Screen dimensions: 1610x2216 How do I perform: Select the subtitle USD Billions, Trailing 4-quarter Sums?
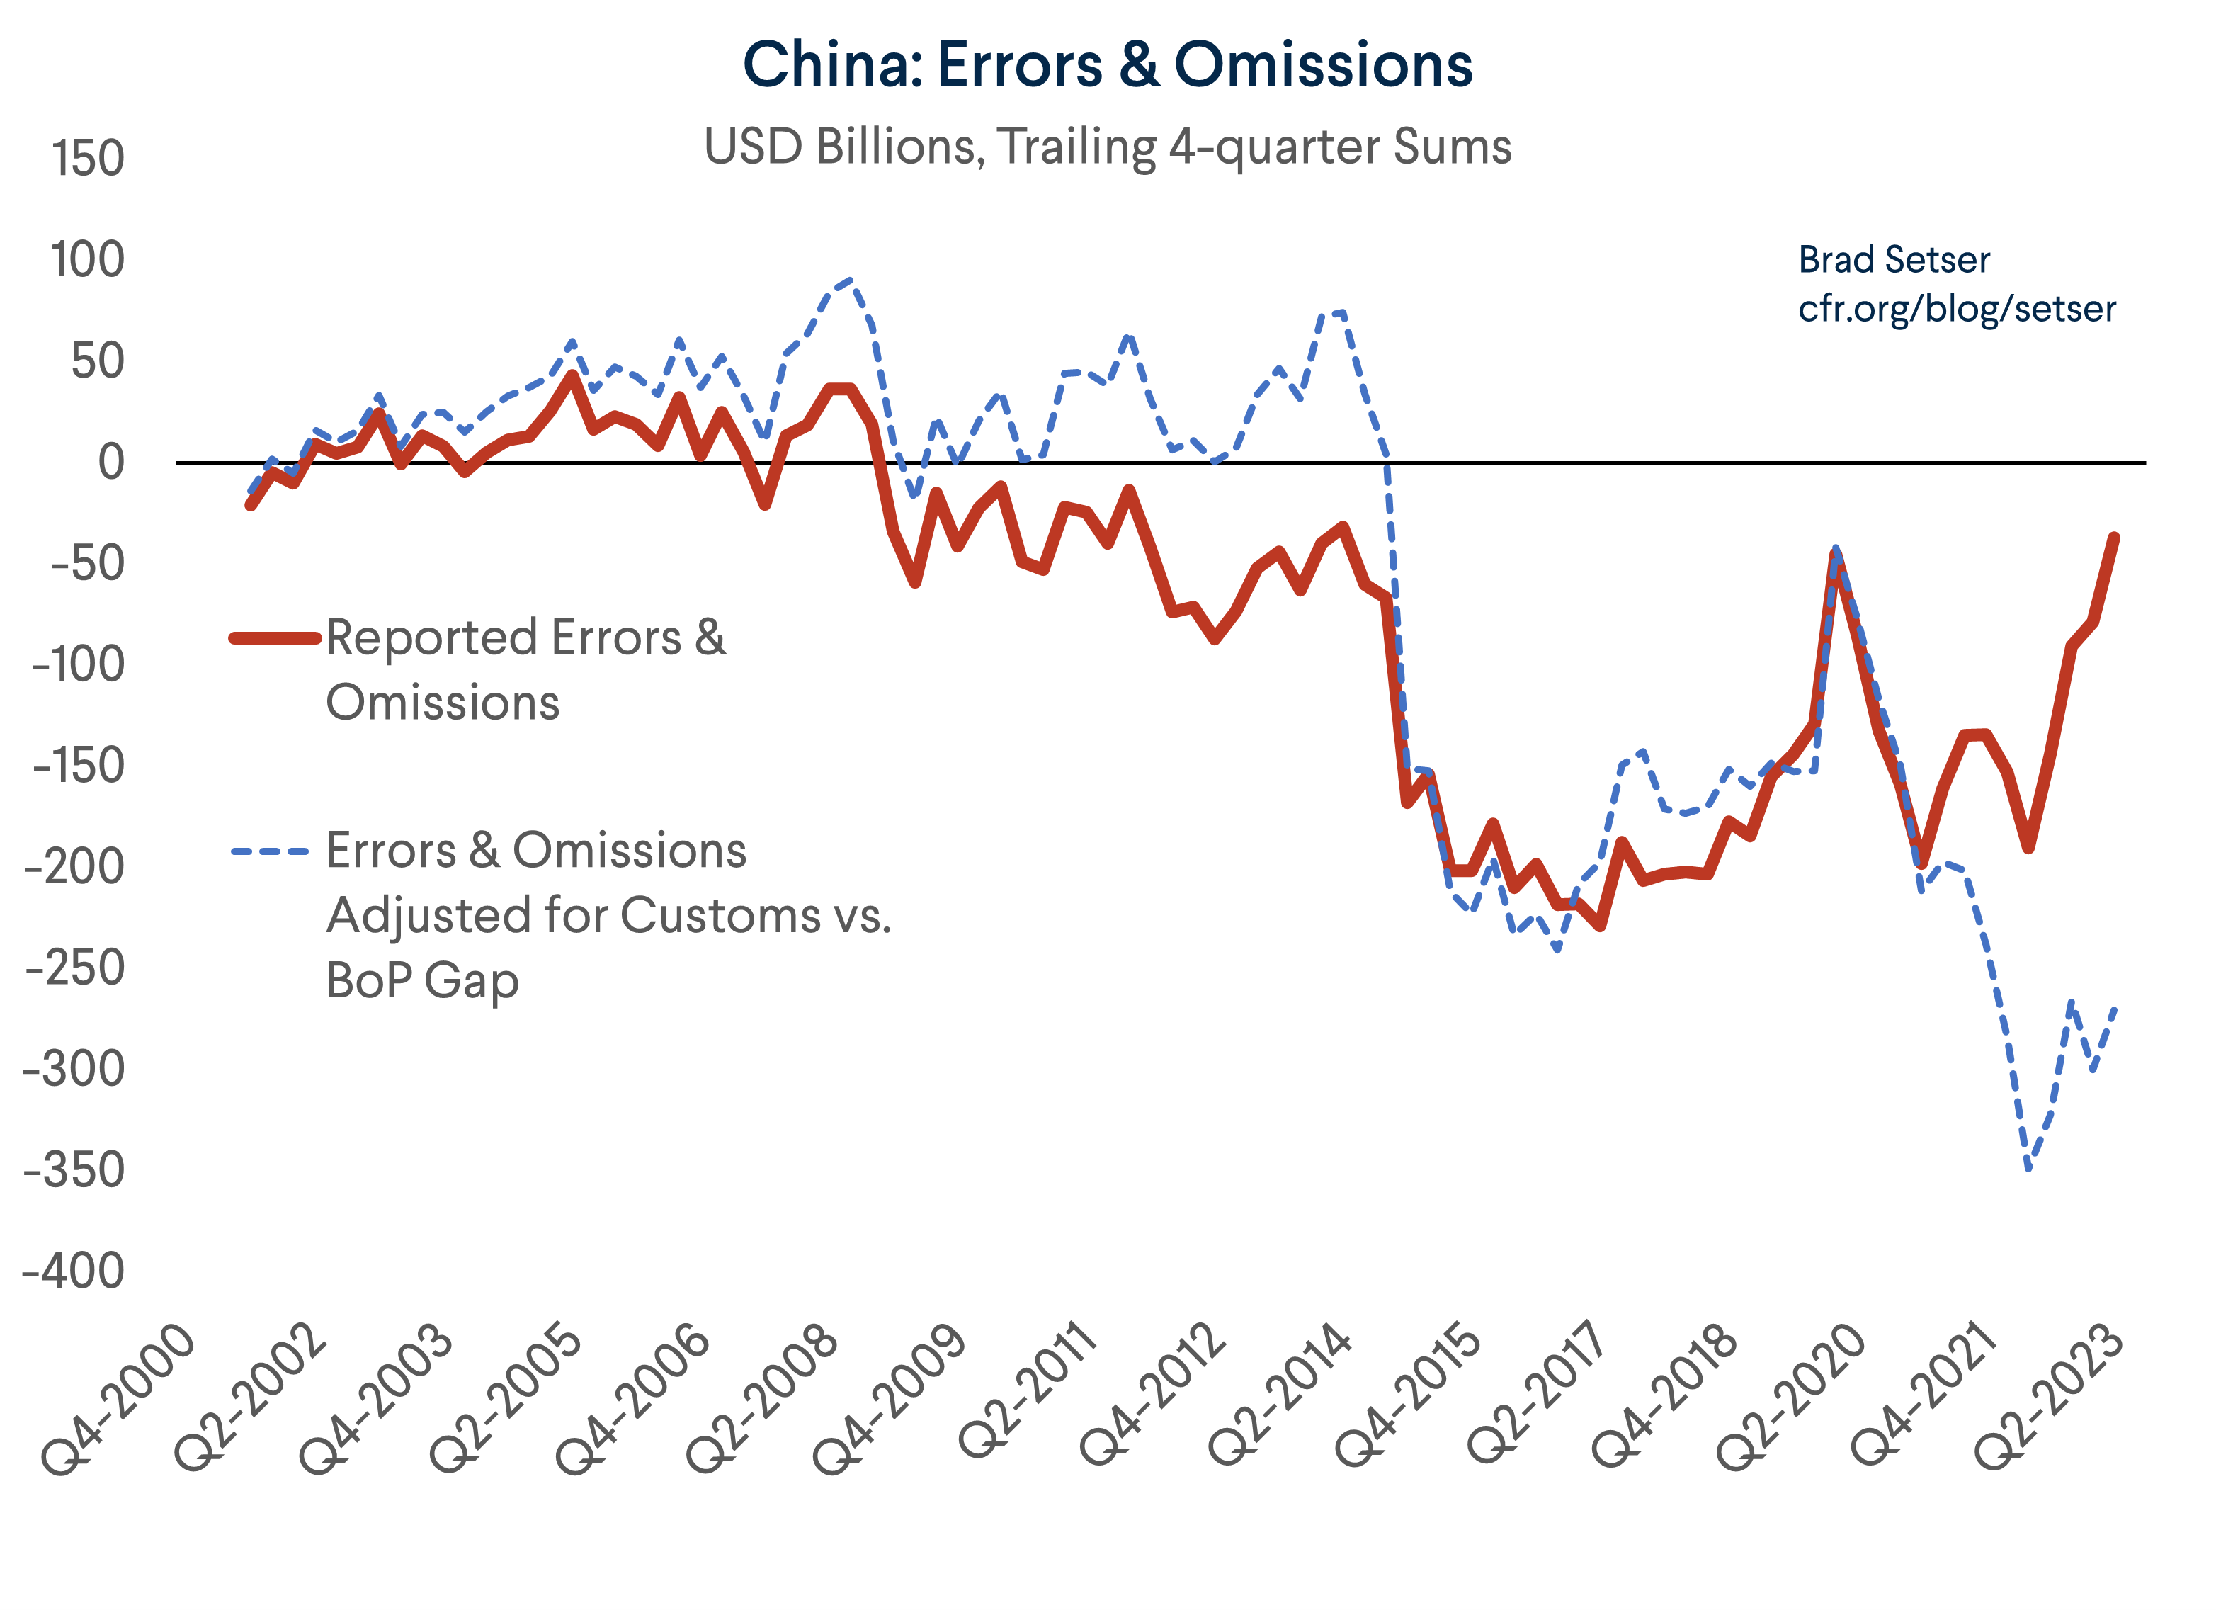click(1107, 147)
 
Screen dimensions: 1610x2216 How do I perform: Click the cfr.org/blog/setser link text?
click(1956, 309)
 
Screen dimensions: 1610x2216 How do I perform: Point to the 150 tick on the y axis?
click(88, 159)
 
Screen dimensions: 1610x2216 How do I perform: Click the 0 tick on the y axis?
click(111, 462)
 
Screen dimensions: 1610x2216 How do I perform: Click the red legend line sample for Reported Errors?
click(275, 638)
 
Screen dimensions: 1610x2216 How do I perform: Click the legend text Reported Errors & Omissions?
click(525, 669)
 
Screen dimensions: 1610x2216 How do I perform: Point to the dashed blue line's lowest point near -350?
click(2028, 1167)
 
